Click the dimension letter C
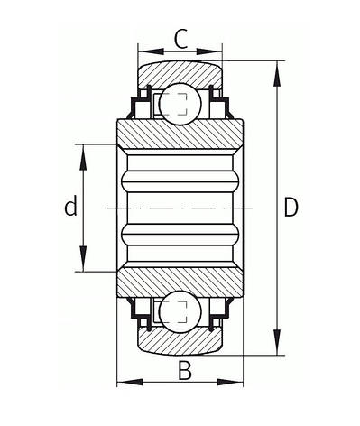(x=181, y=39)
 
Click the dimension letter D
(x=291, y=208)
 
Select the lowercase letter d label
(x=71, y=206)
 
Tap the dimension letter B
(x=185, y=371)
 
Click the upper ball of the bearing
(x=180, y=104)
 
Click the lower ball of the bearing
(x=180, y=311)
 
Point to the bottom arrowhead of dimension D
(x=277, y=342)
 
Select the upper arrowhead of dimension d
(x=83, y=157)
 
